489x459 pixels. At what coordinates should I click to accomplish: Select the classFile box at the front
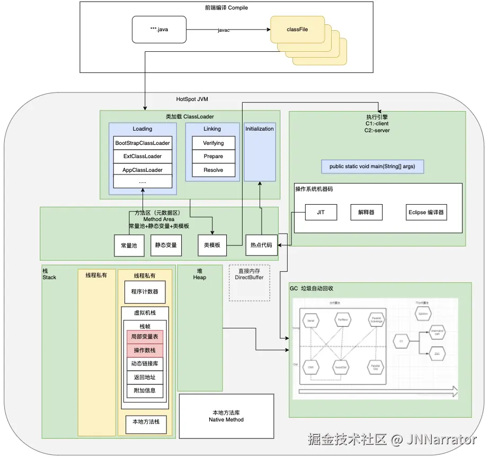point(297,30)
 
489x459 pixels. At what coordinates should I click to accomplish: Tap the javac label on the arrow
point(224,31)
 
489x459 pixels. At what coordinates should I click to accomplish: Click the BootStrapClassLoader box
point(143,143)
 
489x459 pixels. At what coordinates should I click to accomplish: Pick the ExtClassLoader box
point(143,157)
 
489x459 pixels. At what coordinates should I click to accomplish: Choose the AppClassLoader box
point(143,170)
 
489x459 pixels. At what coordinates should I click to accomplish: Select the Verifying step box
point(213,143)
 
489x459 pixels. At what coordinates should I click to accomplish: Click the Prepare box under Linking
point(213,157)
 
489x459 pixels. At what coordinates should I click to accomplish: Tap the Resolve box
point(213,170)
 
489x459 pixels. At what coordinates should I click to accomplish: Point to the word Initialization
point(260,128)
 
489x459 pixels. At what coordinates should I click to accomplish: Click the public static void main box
point(372,167)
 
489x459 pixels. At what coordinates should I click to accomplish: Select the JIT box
point(321,212)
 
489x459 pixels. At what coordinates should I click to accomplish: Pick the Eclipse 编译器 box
point(426,213)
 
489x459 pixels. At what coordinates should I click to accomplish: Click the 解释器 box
point(366,213)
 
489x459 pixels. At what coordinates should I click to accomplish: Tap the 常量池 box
point(129,245)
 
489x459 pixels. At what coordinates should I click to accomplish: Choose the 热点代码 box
point(262,245)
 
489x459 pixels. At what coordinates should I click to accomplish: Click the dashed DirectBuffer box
point(249,283)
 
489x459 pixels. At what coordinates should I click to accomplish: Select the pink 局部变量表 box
point(145,337)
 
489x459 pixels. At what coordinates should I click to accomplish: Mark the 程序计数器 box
point(145,291)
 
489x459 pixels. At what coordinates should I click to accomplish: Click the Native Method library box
point(226,416)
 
